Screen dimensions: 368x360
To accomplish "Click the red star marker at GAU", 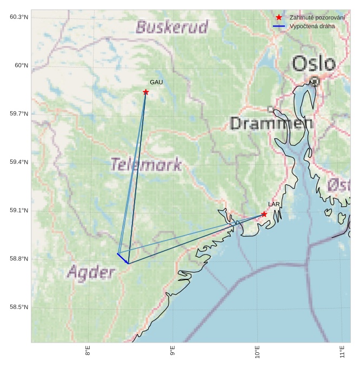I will [145, 92].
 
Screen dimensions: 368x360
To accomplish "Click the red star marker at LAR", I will [264, 214].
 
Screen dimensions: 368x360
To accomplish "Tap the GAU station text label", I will [156, 82].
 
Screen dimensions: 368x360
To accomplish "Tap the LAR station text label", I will [274, 204].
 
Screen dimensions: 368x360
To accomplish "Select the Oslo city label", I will [314, 63].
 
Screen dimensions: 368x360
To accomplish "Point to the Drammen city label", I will [271, 123].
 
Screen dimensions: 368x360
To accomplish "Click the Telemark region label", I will [146, 164].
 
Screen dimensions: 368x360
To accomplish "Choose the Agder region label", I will [91, 272].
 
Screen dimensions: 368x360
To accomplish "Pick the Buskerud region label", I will [172, 27].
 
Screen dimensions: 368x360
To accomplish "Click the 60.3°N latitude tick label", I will [19, 17].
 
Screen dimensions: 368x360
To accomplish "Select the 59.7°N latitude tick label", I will [19, 114].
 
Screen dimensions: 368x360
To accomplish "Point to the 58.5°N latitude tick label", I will [19, 307].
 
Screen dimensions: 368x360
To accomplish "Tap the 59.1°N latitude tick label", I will [19, 211].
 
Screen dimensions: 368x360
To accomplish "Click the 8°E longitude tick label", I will [88, 351].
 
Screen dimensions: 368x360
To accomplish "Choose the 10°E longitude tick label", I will [257, 351].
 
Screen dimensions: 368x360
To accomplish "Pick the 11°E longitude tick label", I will [342, 351].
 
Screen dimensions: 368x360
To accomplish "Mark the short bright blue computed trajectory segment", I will [123, 258].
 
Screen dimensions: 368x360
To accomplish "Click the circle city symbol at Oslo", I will [315, 81].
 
